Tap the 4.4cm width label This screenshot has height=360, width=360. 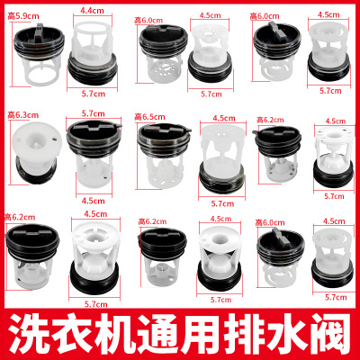(90, 10)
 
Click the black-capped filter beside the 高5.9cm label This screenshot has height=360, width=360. (36, 54)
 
